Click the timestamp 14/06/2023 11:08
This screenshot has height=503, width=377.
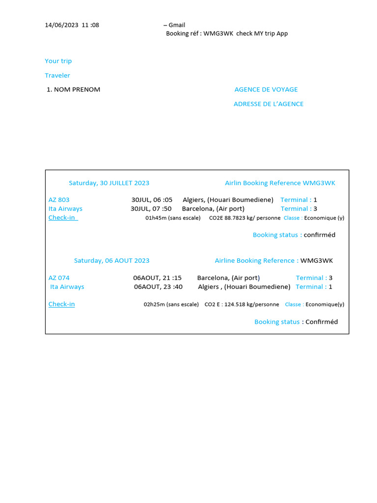[72, 25]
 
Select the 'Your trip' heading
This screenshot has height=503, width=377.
[58, 61]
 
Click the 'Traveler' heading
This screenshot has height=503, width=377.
[57, 75]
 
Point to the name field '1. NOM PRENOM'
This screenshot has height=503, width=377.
[73, 89]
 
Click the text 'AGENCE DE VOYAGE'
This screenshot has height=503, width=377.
[266, 89]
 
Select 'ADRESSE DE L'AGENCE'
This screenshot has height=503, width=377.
[269, 104]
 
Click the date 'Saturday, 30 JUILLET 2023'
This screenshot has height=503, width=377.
[109, 183]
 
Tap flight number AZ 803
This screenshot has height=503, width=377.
[59, 200]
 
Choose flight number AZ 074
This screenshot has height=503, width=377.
[59, 278]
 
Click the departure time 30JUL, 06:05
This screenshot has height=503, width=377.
[152, 200]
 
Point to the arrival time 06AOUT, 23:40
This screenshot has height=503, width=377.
[158, 287]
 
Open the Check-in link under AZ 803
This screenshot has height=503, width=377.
[62, 218]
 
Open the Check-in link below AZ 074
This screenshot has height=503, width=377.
[61, 304]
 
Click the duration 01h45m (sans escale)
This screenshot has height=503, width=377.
[173, 218]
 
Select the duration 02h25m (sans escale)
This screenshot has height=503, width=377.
[171, 305]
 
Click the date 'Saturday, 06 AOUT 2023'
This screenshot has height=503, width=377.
[112, 260]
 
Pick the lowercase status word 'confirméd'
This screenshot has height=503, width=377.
[320, 235]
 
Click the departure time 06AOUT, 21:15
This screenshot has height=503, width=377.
[157, 278]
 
